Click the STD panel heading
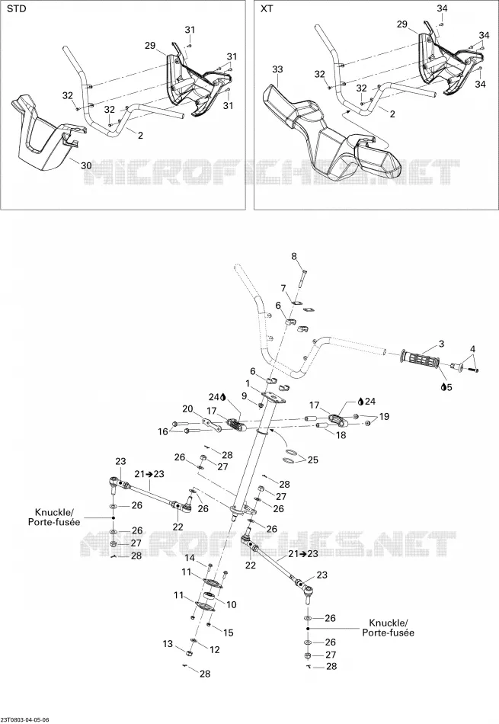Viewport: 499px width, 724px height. (x=16, y=9)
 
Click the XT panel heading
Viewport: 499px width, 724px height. (x=267, y=9)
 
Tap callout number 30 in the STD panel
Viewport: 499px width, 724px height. (x=86, y=166)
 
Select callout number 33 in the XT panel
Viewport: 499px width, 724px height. (x=277, y=69)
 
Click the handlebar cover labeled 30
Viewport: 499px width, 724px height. (x=46, y=134)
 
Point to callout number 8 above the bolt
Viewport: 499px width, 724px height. (x=293, y=257)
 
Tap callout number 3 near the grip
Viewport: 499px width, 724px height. (x=441, y=344)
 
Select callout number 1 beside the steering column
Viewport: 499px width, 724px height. (x=248, y=383)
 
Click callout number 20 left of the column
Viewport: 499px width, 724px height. (x=187, y=408)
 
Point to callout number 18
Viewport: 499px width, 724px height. (x=341, y=435)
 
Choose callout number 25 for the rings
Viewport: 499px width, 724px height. (x=313, y=460)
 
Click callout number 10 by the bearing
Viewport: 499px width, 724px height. (x=232, y=604)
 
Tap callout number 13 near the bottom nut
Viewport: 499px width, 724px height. (x=168, y=644)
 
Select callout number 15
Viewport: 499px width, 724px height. (x=229, y=633)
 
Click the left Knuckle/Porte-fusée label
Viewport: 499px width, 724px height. (x=58, y=517)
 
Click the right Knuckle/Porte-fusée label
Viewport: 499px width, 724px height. (x=389, y=627)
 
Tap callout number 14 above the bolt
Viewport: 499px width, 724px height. (x=190, y=558)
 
